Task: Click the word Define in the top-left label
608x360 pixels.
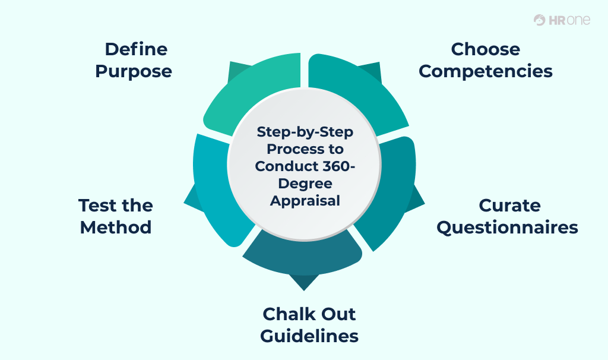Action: [x=136, y=49]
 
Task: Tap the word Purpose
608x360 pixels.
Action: [x=134, y=71]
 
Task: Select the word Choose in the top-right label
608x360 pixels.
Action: [x=485, y=49]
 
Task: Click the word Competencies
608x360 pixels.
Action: [x=485, y=71]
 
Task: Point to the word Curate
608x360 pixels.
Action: [x=509, y=206]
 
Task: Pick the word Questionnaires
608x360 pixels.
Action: [x=507, y=228]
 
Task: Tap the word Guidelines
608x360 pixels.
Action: [x=309, y=336]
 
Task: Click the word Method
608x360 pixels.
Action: [x=116, y=228]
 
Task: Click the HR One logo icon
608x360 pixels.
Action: [x=539, y=20]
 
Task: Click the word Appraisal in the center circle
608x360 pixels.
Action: [x=305, y=200]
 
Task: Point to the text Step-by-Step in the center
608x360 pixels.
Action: [x=305, y=132]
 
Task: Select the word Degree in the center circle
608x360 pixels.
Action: [x=305, y=183]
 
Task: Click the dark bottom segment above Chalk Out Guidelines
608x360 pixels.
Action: [x=303, y=255]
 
